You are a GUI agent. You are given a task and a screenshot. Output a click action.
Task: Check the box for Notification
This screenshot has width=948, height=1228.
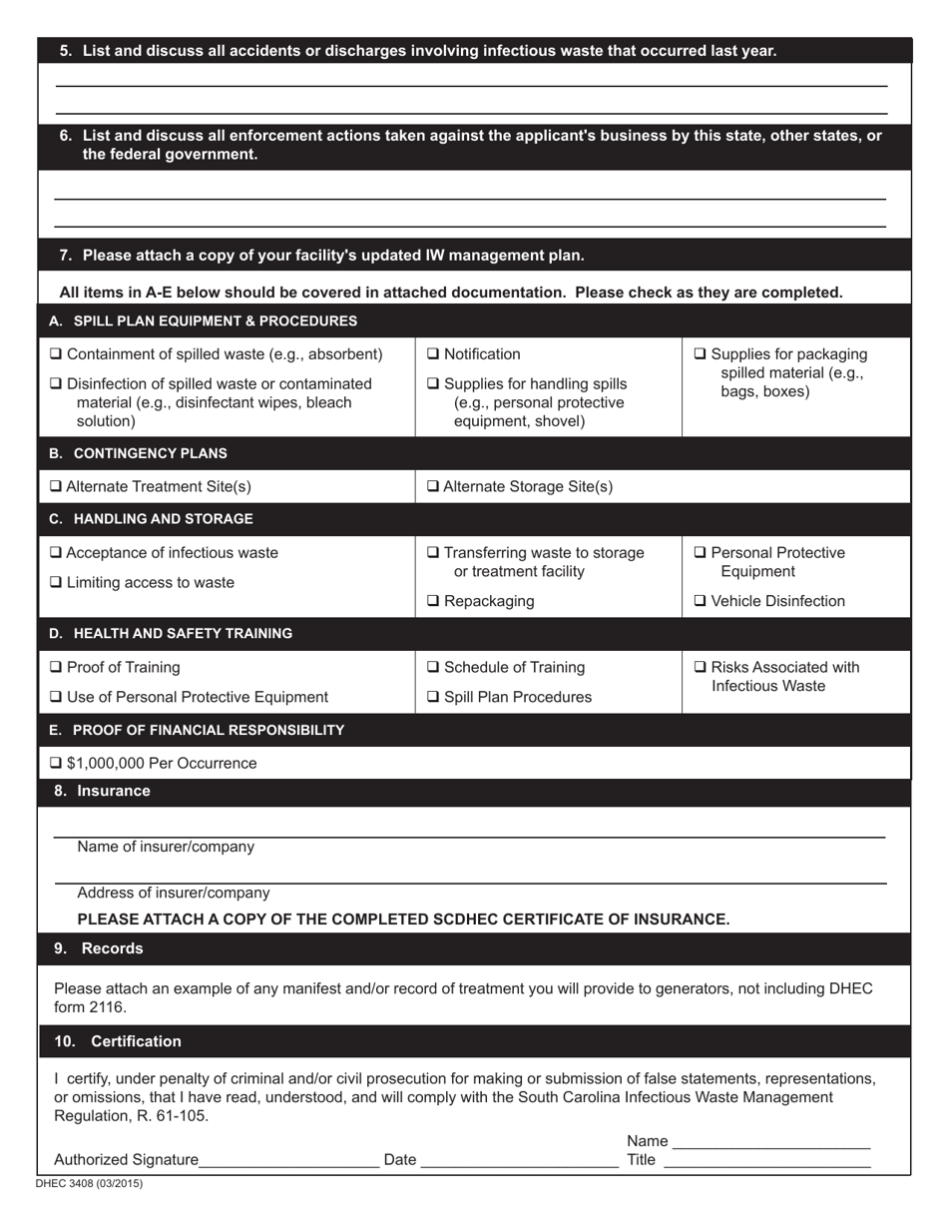click(x=433, y=354)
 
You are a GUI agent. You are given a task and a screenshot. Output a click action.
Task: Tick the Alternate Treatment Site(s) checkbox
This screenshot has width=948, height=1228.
click(x=56, y=487)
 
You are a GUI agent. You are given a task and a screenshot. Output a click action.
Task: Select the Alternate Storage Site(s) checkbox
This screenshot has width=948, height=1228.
click(x=433, y=487)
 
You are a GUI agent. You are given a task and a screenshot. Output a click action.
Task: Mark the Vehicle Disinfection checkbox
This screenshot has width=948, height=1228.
click(x=700, y=601)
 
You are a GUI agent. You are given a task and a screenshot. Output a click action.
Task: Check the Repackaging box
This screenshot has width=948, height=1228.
click(x=433, y=601)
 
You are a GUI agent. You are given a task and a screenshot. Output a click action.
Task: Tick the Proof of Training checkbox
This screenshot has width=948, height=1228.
click(x=56, y=668)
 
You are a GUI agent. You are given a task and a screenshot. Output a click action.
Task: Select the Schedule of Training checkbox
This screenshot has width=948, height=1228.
click(x=433, y=668)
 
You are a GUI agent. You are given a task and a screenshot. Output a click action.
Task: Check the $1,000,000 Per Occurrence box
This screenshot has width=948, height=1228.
click(x=56, y=764)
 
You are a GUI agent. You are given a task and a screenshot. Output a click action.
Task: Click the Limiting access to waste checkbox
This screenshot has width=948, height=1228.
click(x=56, y=583)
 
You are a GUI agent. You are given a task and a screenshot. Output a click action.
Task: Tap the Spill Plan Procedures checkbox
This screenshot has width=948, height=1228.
click(x=433, y=698)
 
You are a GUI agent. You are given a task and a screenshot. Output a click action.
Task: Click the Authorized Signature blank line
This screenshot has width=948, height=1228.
click(x=289, y=1160)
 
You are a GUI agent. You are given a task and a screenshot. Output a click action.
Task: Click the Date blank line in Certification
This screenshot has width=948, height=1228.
click(x=519, y=1160)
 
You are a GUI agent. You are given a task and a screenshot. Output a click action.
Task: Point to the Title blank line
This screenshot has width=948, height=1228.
click(x=766, y=1160)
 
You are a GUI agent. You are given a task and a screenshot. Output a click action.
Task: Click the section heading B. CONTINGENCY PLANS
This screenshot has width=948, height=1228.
click(x=138, y=453)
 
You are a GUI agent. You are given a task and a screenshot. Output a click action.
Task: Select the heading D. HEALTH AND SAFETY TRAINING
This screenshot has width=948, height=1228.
click(x=171, y=634)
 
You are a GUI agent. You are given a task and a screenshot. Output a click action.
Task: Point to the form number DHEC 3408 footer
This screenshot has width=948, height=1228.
click(x=89, y=1184)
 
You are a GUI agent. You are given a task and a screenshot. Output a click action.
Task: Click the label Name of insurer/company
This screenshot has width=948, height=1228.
click(x=166, y=847)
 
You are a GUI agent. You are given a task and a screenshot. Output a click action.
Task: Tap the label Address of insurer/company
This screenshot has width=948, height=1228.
click(x=173, y=893)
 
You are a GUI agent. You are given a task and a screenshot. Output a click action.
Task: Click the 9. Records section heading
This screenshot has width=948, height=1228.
click(x=99, y=948)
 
